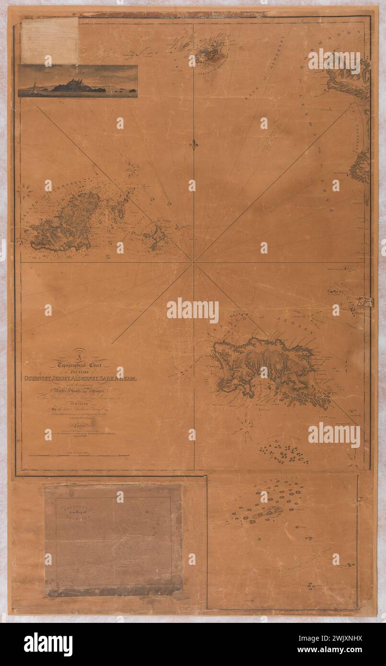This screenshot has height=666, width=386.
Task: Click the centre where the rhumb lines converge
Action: pos(194,262)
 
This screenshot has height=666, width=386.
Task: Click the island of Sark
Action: pos(156,236)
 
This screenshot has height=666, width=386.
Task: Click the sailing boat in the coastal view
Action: pos(34,89)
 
